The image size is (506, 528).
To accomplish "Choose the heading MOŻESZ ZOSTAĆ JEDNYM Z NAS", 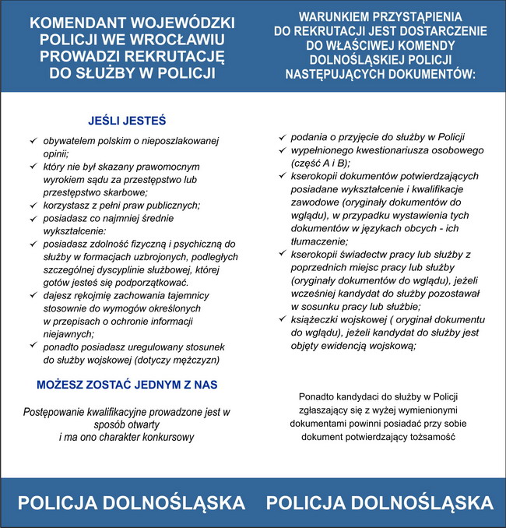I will pyautogui.click(x=127, y=385).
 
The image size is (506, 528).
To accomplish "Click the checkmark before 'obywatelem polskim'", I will pyautogui.click(x=33, y=141).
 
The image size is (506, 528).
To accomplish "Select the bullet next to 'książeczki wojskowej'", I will pyautogui.click(x=283, y=319).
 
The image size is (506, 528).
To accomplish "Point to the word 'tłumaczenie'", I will pyautogui.click(x=320, y=241).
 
